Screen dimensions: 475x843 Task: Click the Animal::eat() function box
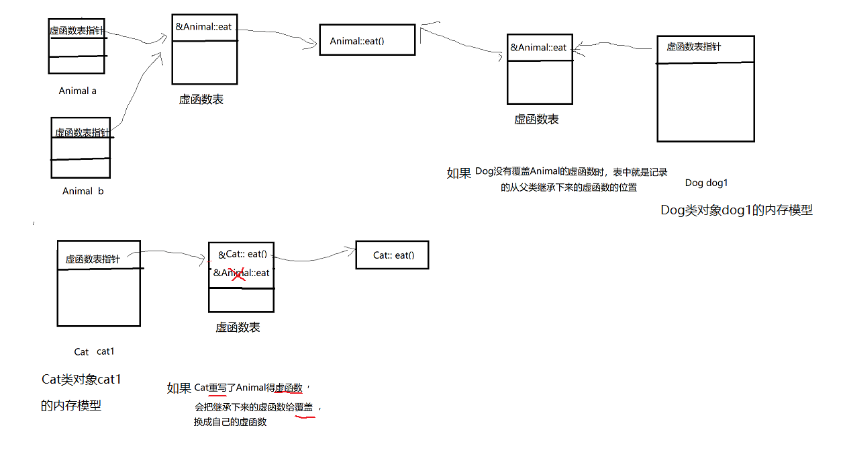click(x=366, y=40)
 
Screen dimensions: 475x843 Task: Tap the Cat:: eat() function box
click(x=392, y=255)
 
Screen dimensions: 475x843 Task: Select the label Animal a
click(x=78, y=91)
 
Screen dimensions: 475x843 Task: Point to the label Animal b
click(x=83, y=191)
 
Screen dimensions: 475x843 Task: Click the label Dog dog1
click(x=706, y=183)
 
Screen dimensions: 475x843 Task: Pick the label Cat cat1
click(x=95, y=351)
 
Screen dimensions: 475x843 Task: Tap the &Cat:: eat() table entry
click(x=242, y=254)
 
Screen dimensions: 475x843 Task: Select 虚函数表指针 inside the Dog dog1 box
click(x=694, y=46)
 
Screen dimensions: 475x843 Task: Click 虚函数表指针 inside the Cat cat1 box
click(x=93, y=259)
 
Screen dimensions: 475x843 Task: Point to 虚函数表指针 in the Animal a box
click(x=77, y=30)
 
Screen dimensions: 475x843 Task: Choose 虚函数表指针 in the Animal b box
click(x=82, y=132)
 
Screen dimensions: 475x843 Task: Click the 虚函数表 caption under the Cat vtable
click(x=238, y=327)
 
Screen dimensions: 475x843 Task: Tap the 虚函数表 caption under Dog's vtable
click(x=536, y=119)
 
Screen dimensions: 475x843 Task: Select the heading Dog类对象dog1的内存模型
click(x=736, y=210)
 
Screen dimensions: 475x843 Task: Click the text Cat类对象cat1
click(x=81, y=380)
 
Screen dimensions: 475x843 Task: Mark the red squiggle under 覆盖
click(x=305, y=417)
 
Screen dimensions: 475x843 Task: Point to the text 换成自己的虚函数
click(x=230, y=422)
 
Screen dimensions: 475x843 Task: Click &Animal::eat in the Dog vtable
click(x=538, y=47)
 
